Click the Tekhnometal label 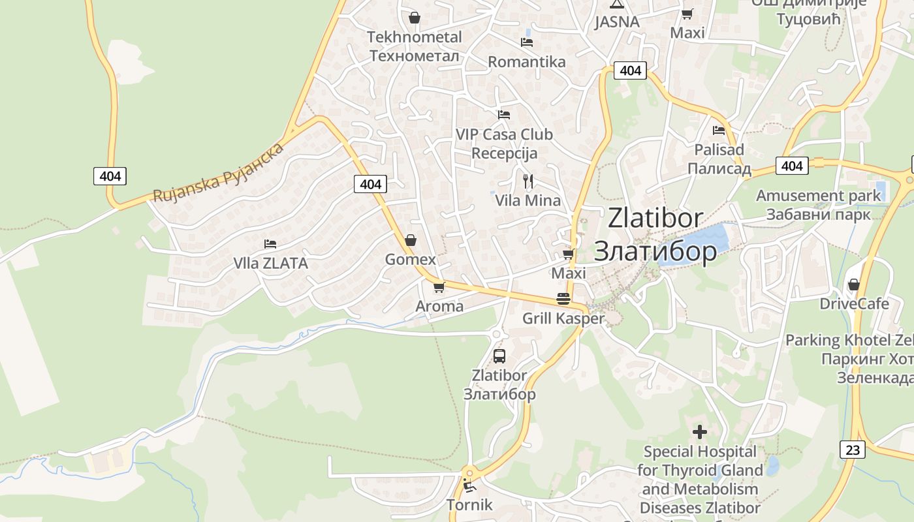[415, 37]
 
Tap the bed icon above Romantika [527, 42]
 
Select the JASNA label [617, 22]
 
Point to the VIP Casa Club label [504, 135]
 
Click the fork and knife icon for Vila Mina [528, 181]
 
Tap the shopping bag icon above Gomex [411, 241]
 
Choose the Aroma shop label [439, 306]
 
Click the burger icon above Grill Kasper [563, 299]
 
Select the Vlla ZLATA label [270, 264]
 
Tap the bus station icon [499, 356]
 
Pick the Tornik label [469, 505]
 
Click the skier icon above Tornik [468, 485]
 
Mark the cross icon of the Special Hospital [700, 432]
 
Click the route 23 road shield [853, 450]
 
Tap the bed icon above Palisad [719, 130]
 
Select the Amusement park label [818, 196]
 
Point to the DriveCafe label [854, 304]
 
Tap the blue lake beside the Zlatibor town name [702, 241]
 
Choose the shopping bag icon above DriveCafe [853, 284]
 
